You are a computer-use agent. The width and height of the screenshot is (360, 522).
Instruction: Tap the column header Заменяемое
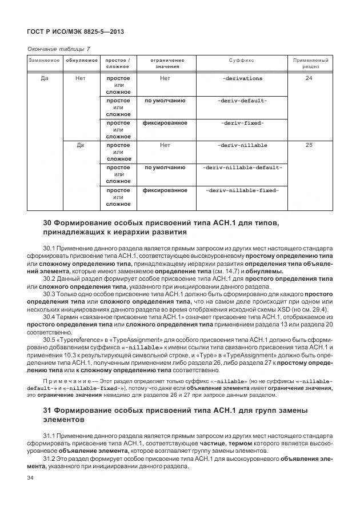coord(44,60)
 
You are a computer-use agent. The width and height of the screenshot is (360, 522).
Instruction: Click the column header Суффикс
coord(242,60)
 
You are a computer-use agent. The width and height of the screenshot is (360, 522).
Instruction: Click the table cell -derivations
coord(242,78)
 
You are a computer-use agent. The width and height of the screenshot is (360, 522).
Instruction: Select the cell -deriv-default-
coord(242,101)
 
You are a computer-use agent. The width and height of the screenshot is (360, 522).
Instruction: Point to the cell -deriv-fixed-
coord(242,123)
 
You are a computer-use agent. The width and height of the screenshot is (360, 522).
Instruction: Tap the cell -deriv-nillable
coord(242,145)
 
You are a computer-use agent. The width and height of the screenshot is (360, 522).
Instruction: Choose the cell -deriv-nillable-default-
coord(242,168)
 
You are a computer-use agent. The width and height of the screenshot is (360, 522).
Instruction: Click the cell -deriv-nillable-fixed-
coord(242,190)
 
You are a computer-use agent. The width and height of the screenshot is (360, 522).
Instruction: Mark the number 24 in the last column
coord(309,78)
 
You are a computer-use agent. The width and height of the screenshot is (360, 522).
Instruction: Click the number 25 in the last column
coord(309,145)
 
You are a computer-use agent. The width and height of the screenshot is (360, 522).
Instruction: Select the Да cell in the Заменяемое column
coord(44,78)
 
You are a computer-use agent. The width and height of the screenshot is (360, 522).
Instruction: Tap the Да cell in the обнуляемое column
coord(81,145)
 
